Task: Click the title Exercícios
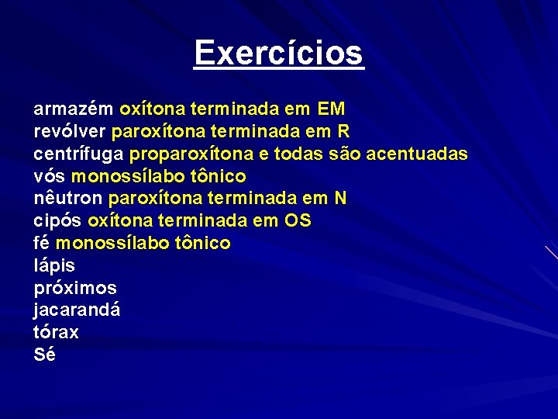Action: click(279, 54)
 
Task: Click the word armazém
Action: click(74, 109)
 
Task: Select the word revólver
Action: click(71, 131)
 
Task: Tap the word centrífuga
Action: click(79, 154)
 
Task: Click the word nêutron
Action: click(68, 199)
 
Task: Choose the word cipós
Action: click(58, 221)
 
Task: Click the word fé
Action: click(42, 243)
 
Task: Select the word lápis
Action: click(54, 265)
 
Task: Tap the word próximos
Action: click(75, 288)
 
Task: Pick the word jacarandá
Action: click(77, 310)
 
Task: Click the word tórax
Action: click(56, 332)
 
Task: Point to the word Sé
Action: click(45, 355)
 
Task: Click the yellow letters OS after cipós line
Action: click(298, 221)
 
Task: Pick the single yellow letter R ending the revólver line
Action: click(344, 131)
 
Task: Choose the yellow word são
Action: click(343, 154)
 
